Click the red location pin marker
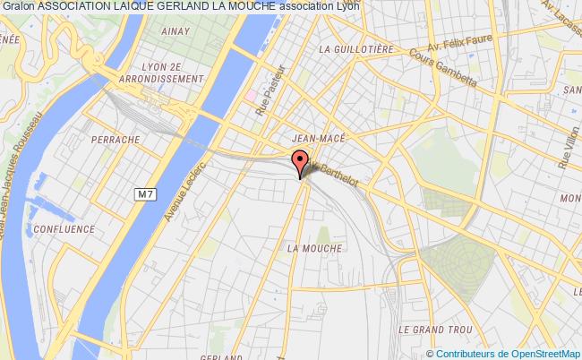pos(299,164)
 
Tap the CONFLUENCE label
pos(64,228)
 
